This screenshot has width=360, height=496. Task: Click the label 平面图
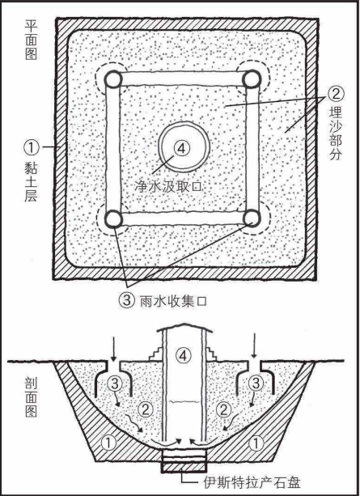coord(31,40)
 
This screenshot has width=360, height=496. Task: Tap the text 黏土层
coord(31,183)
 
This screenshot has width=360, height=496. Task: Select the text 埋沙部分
coord(336,134)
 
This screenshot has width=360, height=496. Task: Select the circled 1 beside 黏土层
coord(32,147)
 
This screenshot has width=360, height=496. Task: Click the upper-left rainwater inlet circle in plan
coord(112,79)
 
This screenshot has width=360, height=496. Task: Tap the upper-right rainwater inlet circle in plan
coord(252,79)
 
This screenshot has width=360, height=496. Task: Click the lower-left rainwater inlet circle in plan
coord(113,219)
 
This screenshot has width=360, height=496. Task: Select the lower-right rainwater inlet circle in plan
coord(252,218)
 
